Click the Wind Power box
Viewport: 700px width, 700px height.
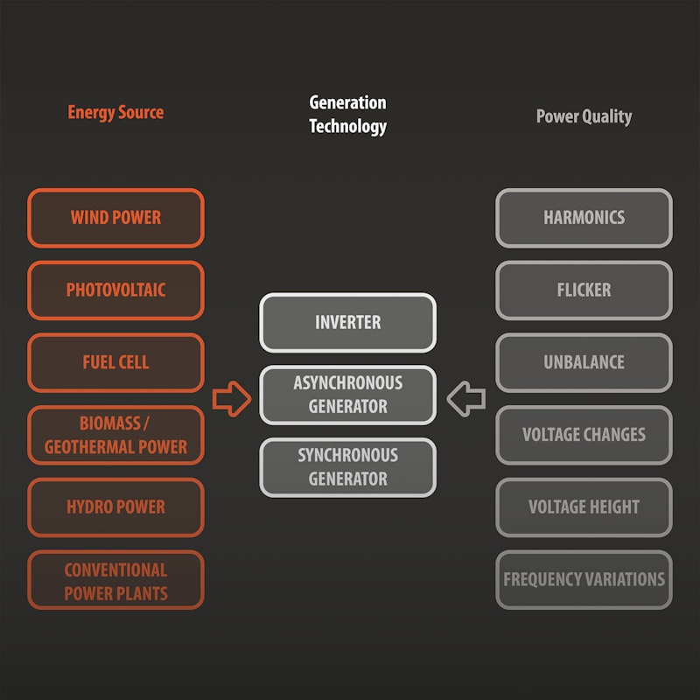pyautogui.click(x=115, y=218)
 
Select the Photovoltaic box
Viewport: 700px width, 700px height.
pyautogui.click(x=115, y=290)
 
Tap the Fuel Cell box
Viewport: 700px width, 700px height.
pyautogui.click(x=115, y=362)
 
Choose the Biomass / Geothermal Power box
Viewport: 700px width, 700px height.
pyautogui.click(x=115, y=435)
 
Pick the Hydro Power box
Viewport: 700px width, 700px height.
pyautogui.click(x=115, y=507)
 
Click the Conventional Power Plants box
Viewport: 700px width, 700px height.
pyautogui.click(x=115, y=579)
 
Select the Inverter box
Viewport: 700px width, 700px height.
pyautogui.click(x=347, y=322)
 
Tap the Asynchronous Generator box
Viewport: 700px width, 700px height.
pyautogui.click(x=347, y=395)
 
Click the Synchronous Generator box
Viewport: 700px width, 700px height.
pyautogui.click(x=347, y=467)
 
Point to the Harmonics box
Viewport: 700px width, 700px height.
pyautogui.click(x=584, y=218)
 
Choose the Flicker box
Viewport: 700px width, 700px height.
pyautogui.click(x=584, y=290)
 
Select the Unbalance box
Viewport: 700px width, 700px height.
pyautogui.click(x=584, y=362)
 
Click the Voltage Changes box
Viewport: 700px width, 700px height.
pyautogui.click(x=584, y=435)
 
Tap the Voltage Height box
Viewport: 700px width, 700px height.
pyautogui.click(x=584, y=507)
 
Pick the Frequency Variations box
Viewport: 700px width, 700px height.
pyautogui.click(x=584, y=579)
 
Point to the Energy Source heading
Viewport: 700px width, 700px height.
pyautogui.click(x=115, y=113)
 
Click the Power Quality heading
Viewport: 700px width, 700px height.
pyautogui.click(x=584, y=117)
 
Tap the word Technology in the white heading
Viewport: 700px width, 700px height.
pyautogui.click(x=347, y=127)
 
